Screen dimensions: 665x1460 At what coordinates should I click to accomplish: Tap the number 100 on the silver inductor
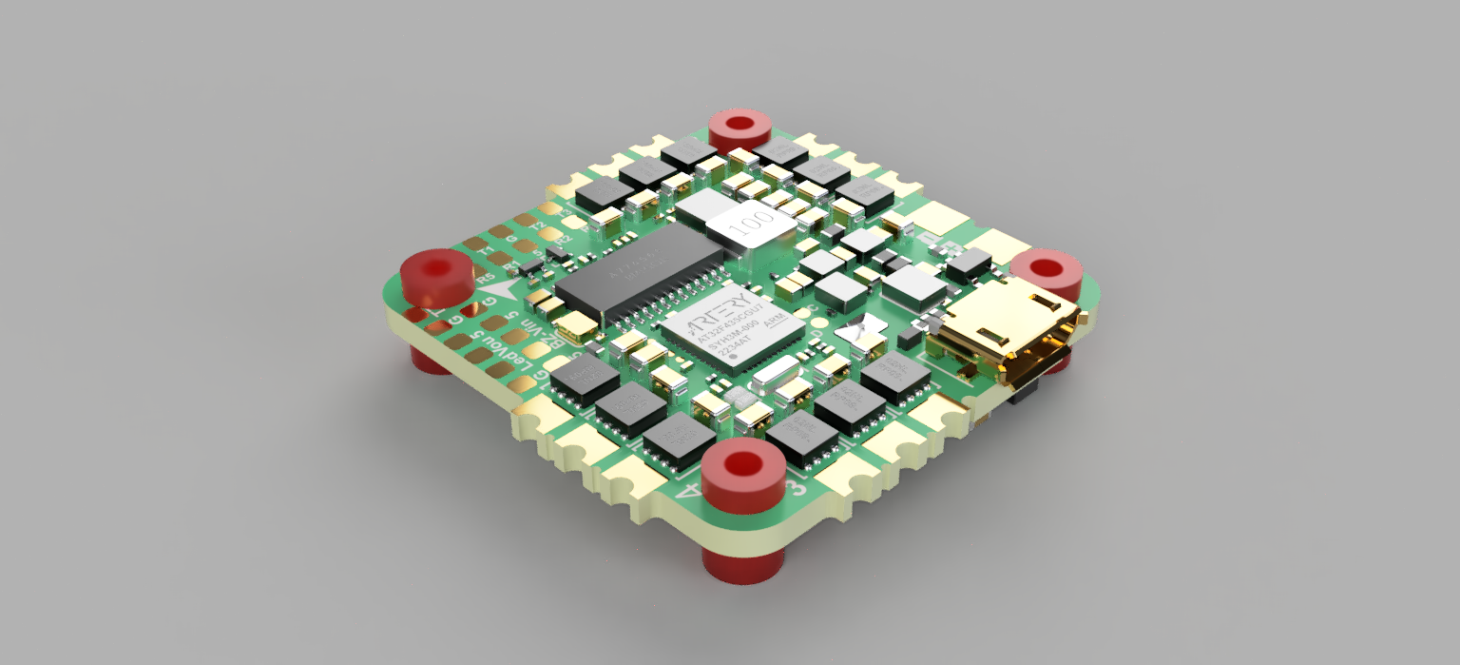point(747,225)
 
